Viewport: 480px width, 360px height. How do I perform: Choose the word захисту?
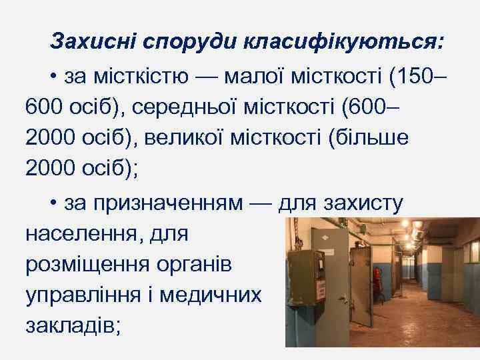click(x=363, y=203)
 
